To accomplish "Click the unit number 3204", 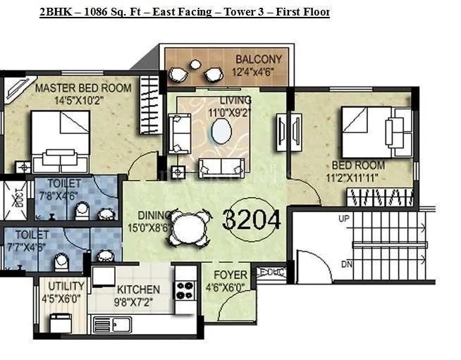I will pyautogui.click(x=252, y=220).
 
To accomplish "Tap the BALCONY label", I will pyautogui.click(x=259, y=58).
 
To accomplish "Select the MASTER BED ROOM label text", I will pyautogui.click(x=83, y=88).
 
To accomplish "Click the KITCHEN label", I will pyautogui.click(x=138, y=290).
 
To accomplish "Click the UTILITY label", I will pyautogui.click(x=66, y=286).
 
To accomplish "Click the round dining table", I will pyautogui.click(x=188, y=228).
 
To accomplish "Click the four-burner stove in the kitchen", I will pyautogui.click(x=185, y=290).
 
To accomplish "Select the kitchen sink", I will pyautogui.click(x=122, y=325).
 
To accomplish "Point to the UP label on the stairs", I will pyautogui.click(x=344, y=219).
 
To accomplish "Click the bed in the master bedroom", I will pyautogui.click(x=59, y=141).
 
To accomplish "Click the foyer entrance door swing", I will pyautogui.click(x=237, y=305).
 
